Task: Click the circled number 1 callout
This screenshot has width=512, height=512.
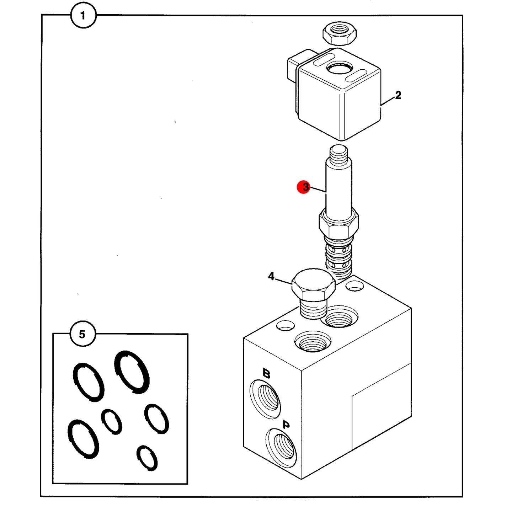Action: (x=83, y=15)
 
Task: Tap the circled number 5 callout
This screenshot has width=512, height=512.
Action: (x=82, y=334)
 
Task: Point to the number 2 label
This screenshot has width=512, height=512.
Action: (x=398, y=95)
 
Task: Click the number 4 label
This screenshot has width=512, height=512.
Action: (x=271, y=276)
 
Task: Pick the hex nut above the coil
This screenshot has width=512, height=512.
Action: (x=339, y=34)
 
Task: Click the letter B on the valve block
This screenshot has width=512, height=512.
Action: (x=266, y=373)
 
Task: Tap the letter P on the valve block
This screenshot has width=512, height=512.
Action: (x=286, y=425)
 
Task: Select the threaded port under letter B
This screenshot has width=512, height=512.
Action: (x=265, y=399)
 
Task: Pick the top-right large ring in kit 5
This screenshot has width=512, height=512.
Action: (x=132, y=372)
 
